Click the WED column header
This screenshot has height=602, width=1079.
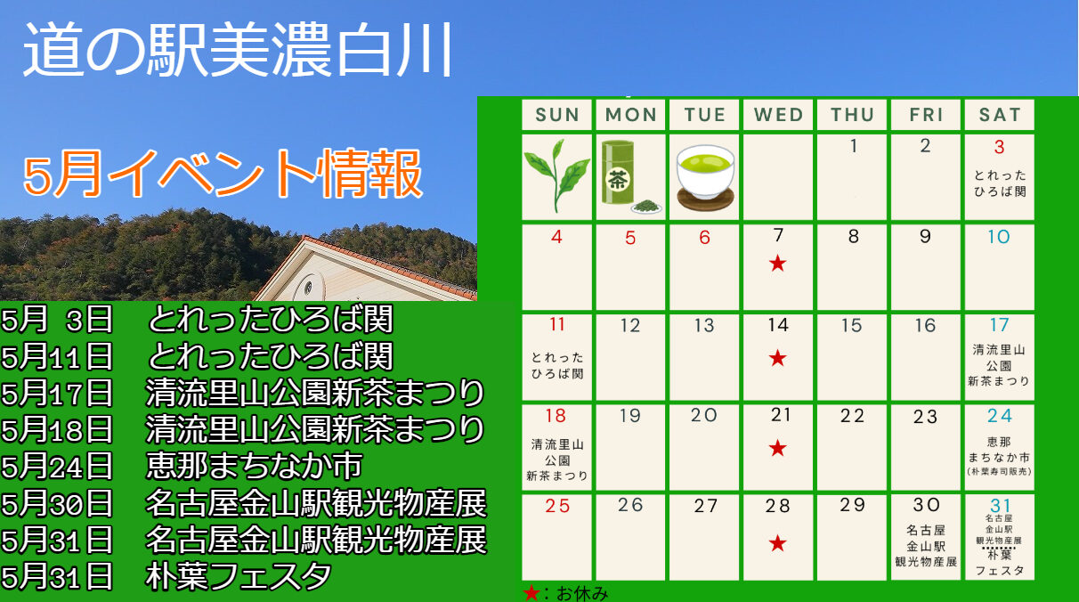pyautogui.click(x=778, y=115)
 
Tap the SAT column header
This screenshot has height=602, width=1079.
pyautogui.click(x=1000, y=115)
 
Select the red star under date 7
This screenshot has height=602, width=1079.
pyautogui.click(x=777, y=264)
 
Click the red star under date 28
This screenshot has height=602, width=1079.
pyautogui.click(x=777, y=543)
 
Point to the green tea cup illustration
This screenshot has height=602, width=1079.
pyautogui.click(x=705, y=177)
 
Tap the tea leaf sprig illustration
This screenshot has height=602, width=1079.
pyautogui.click(x=556, y=175)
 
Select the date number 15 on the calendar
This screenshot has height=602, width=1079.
pyautogui.click(x=851, y=325)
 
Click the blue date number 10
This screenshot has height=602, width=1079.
pyautogui.click(x=999, y=237)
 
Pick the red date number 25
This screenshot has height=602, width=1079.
pyautogui.click(x=557, y=506)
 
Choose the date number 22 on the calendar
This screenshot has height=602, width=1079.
pyautogui.click(x=852, y=416)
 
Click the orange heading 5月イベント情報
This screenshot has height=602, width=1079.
pyautogui.click(x=223, y=174)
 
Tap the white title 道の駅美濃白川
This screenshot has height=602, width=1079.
pyautogui.click(x=238, y=50)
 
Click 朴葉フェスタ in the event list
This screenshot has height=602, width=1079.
pyautogui.click(x=239, y=576)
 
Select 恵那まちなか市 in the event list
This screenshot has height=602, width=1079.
pyautogui.click(x=254, y=466)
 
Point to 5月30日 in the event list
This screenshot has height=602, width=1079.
pyautogui.click(x=57, y=503)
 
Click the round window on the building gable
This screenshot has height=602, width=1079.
pyautogui.click(x=307, y=288)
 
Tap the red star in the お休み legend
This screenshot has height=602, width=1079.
pyautogui.click(x=531, y=593)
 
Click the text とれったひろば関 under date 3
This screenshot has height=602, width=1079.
pyautogui.click(x=1000, y=183)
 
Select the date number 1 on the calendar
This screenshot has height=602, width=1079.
pyautogui.click(x=854, y=145)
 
